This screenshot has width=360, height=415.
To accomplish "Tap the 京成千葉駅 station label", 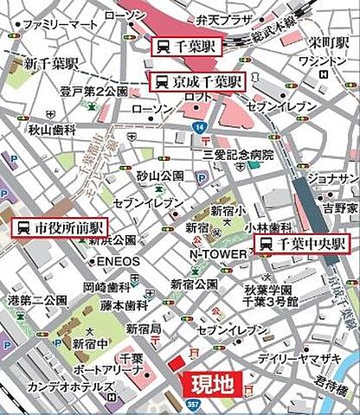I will pyautogui.click(x=198, y=82).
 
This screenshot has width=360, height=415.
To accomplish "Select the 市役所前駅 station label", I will pyautogui.click(x=60, y=228).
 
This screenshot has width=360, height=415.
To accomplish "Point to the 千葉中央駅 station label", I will pyautogui.click(x=304, y=245).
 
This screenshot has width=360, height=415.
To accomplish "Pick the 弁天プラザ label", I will pyautogui.click(x=228, y=18).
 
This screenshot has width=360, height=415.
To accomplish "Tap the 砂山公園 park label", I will pyautogui.click(x=160, y=176).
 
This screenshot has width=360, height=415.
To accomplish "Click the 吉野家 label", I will pyautogui.click(x=340, y=208).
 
